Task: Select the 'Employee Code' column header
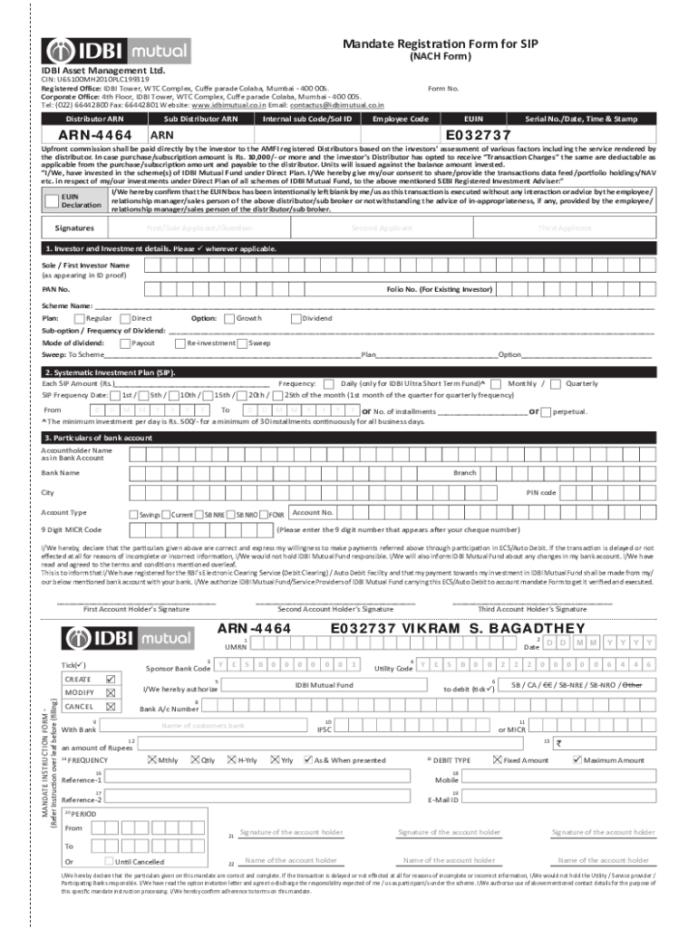tap(400, 119)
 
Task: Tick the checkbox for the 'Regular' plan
tap(79, 318)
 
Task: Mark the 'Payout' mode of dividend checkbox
tap(124, 343)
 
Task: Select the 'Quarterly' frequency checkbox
tap(557, 383)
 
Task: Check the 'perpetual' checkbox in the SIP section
tap(547, 411)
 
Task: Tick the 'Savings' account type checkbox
tap(134, 514)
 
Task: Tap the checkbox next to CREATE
tap(111, 678)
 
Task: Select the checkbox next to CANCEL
tap(111, 706)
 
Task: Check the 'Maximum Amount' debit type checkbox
tap(578, 759)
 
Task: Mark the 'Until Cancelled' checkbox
tap(109, 861)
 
